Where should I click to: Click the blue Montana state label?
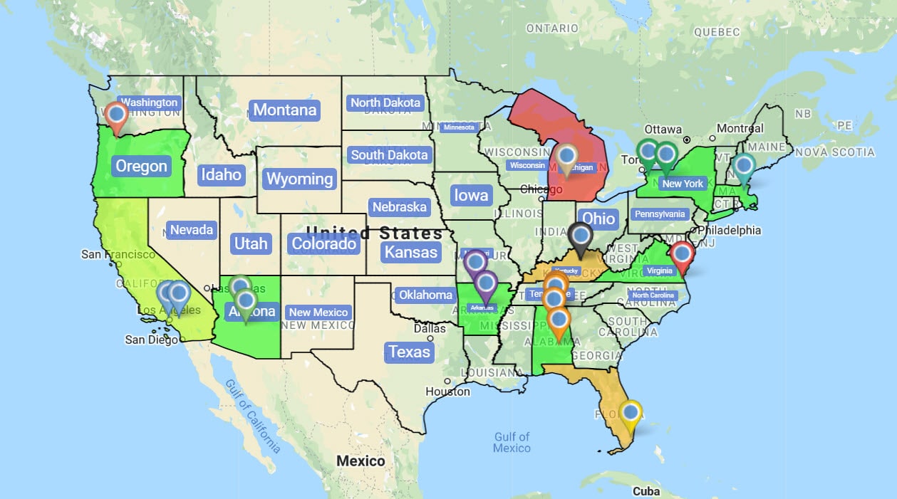click(285, 110)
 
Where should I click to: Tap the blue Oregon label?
click(141, 167)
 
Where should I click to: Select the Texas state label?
click(409, 352)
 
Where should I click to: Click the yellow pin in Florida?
click(630, 413)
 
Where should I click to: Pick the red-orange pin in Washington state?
click(115, 115)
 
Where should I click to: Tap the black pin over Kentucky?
click(581, 236)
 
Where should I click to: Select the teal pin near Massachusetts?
click(744, 166)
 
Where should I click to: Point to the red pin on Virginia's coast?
click(682, 254)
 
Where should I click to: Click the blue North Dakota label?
click(385, 103)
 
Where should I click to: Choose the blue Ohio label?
click(598, 219)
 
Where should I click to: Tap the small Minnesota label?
click(458, 127)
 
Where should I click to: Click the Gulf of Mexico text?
click(512, 442)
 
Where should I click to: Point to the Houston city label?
click(447, 392)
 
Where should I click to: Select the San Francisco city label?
click(118, 254)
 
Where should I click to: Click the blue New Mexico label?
click(318, 312)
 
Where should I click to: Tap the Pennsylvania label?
click(660, 214)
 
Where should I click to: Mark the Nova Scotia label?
click(835, 152)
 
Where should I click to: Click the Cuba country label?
click(645, 491)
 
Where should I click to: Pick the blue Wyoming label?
click(299, 179)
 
